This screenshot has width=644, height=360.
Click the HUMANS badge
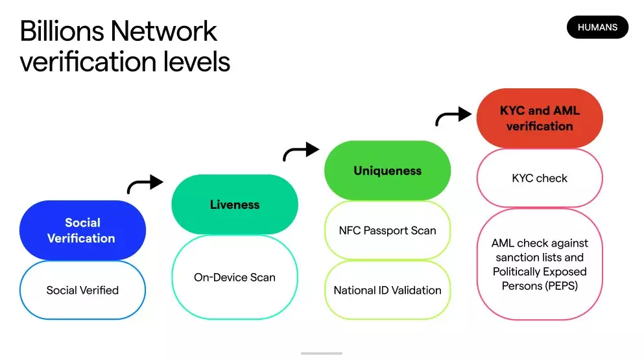[x=597, y=27]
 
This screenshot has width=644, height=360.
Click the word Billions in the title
[x=61, y=30]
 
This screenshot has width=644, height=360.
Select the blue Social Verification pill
[x=82, y=230]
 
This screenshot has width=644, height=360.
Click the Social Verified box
[x=82, y=290]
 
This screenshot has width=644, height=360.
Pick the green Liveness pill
[x=234, y=204]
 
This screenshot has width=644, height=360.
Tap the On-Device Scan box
[x=234, y=277]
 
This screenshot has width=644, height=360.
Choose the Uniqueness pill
[x=387, y=171]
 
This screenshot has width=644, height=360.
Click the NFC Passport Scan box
[x=387, y=230]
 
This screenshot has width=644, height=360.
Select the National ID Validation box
[x=387, y=290]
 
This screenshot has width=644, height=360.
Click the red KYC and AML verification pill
[x=540, y=118]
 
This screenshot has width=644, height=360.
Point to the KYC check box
[x=540, y=178]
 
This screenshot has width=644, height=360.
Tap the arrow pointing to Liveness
[x=145, y=184]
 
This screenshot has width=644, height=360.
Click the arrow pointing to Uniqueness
[x=301, y=152]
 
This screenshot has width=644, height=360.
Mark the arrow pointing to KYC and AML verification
[x=453, y=117]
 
